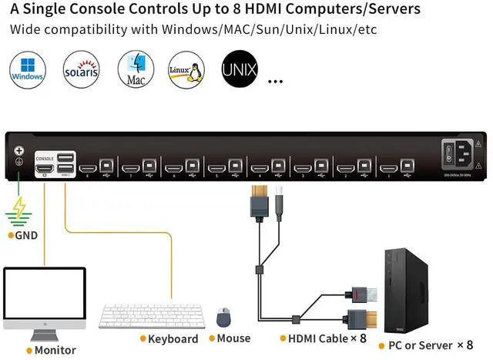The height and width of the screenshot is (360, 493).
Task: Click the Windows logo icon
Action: coord(27,70)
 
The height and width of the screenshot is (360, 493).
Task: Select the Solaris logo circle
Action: coord(81,70)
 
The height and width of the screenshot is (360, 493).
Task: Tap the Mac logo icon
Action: coord(136,69)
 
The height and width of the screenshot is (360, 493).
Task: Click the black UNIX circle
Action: coord(240,70)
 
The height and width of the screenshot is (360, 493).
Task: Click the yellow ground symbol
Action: coord(18,209)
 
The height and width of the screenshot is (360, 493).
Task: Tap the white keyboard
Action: coord(152,316)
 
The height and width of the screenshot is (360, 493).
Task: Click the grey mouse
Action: coord(223,316)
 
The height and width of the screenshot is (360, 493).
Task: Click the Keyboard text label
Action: coord(173,338)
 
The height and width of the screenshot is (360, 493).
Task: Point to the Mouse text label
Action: coord(233,338)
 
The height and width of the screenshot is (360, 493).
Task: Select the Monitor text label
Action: coord(55,350)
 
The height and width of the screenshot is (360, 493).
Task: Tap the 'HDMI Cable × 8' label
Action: coord(327,338)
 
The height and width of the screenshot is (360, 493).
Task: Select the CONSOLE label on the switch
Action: coord(45,158)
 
